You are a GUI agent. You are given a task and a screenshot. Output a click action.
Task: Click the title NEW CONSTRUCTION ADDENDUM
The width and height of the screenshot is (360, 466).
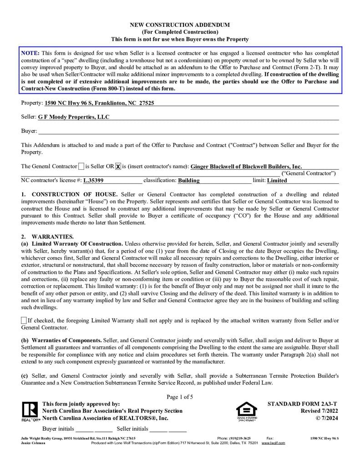click(x=180, y=25)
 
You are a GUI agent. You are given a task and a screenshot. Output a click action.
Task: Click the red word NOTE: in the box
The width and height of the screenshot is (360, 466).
click(x=30, y=53)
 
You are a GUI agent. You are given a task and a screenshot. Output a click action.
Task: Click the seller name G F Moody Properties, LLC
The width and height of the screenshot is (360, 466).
click(x=74, y=117)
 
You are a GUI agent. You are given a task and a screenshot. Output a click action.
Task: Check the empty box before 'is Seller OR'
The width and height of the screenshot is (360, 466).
click(x=81, y=167)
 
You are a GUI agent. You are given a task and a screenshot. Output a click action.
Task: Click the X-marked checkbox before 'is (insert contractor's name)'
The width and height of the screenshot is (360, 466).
click(x=118, y=167)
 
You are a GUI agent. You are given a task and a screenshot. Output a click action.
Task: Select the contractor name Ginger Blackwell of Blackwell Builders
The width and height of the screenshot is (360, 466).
click(x=246, y=167)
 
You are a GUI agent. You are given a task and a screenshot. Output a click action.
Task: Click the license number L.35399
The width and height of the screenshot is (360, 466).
click(x=93, y=180)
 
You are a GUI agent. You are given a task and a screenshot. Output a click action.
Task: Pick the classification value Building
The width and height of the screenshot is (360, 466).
click(x=188, y=180)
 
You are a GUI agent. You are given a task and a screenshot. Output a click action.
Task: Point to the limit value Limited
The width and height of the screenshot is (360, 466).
click(x=277, y=180)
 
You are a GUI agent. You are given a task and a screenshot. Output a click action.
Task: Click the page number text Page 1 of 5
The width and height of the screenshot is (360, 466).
click(x=180, y=397)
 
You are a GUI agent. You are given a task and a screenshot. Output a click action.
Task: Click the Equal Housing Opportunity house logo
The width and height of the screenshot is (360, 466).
click(x=247, y=411)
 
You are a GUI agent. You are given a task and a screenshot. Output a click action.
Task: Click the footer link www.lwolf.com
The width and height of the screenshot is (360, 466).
click(x=273, y=443)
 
